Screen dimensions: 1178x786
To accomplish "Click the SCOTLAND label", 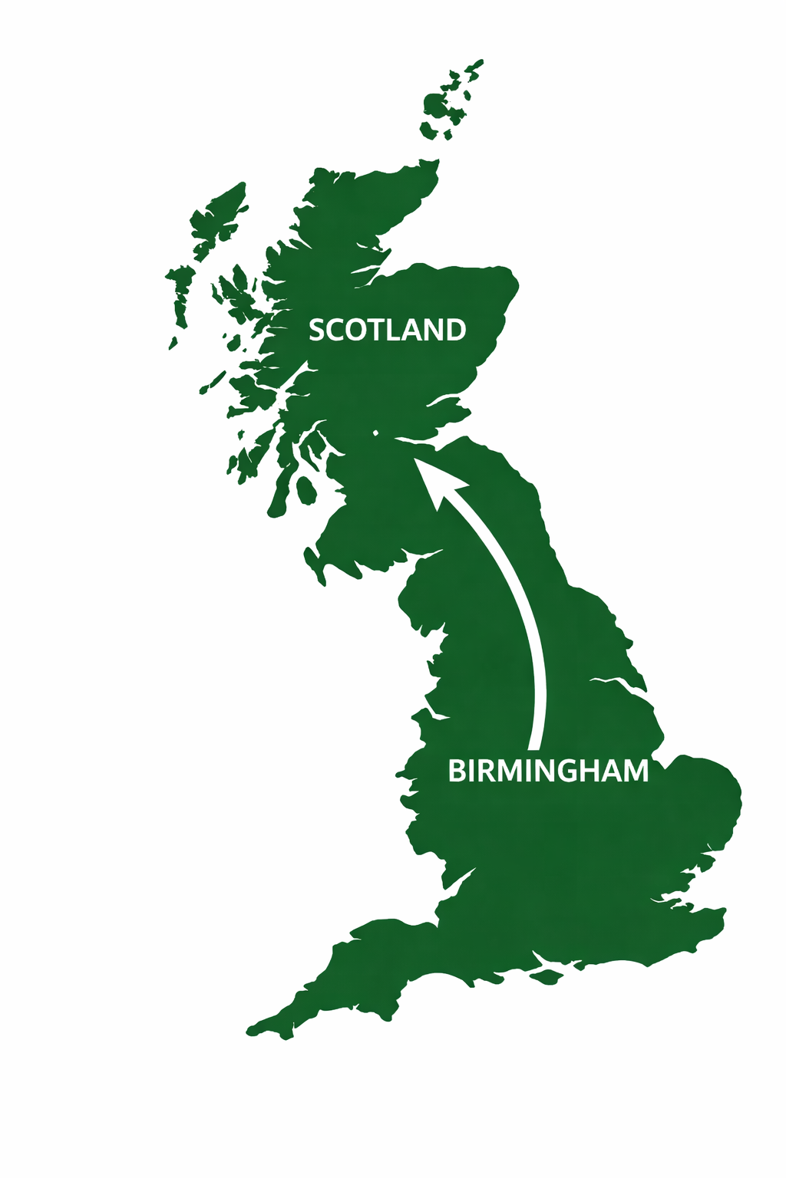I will [x=387, y=330].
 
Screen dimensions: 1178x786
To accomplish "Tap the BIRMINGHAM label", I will [x=548, y=771].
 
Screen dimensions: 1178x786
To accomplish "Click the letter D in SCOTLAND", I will [x=455, y=330].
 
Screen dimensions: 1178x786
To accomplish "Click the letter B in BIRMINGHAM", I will [x=456, y=771].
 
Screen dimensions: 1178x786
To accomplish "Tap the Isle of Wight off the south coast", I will [x=547, y=976].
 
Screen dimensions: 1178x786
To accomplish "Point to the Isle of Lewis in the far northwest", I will [x=220, y=214].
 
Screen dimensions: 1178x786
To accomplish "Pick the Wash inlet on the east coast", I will [x=614, y=683].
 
